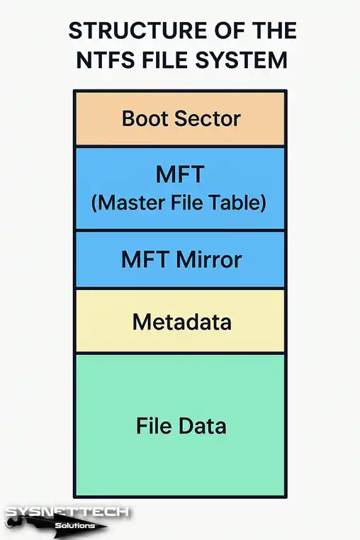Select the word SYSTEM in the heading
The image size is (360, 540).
pos(241,60)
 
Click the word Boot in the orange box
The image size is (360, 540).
pos(145,118)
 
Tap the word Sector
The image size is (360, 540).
pos(207,119)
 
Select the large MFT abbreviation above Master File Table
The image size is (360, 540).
pos(180,174)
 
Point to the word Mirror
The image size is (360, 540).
pos(209,259)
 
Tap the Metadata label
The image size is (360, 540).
pos(182,322)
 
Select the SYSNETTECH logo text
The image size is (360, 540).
pos(67,512)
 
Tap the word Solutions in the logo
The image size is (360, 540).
pos(74,526)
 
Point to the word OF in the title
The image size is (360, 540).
pos(225,30)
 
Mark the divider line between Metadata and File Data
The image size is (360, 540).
pos(180,354)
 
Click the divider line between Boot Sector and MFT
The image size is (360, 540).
pos(180,147)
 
